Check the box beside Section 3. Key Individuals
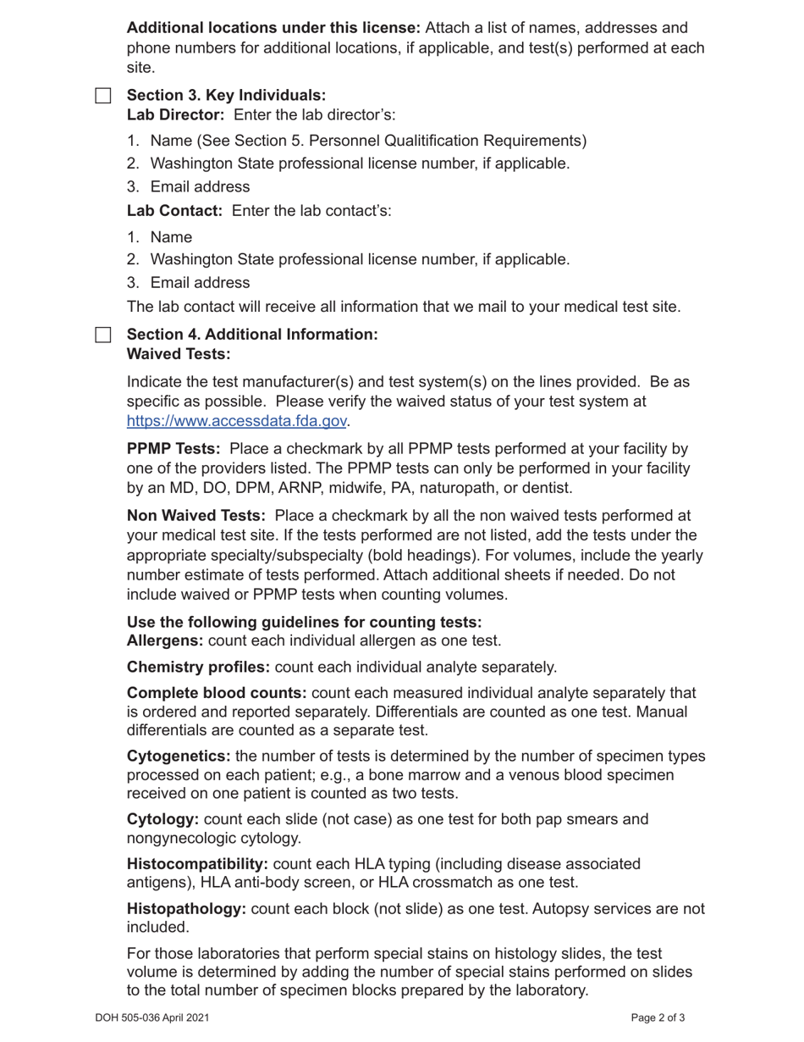point(103,96)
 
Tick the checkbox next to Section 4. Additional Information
point(103,335)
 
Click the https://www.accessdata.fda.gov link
point(236,421)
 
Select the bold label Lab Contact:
point(174,210)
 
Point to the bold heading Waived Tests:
point(179,353)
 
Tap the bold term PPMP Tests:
point(173,448)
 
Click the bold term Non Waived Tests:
point(196,515)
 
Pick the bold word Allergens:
point(165,640)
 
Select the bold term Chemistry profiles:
point(199,667)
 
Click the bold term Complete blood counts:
point(217,693)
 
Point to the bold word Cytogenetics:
point(179,756)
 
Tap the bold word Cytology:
point(163,819)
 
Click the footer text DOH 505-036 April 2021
point(151,1018)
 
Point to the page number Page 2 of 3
point(658,1018)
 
